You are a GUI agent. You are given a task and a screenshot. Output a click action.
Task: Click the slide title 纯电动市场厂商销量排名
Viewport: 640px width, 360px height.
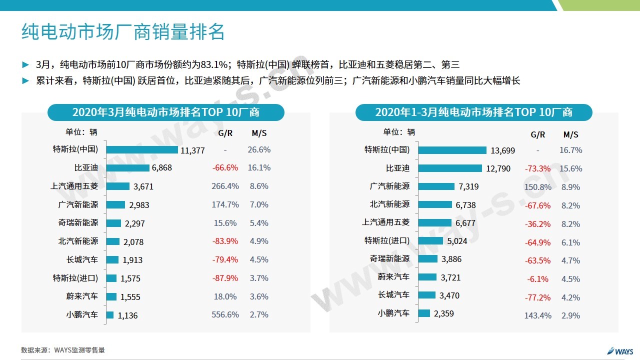[123, 32]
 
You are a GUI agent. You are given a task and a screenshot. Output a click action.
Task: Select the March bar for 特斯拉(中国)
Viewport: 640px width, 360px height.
[142, 149]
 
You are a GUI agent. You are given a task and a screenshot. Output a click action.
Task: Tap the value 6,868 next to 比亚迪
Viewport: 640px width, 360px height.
[161, 168]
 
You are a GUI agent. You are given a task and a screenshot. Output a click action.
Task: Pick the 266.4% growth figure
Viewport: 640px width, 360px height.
[225, 186]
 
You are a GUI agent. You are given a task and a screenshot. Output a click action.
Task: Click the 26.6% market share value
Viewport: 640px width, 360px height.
[259, 149]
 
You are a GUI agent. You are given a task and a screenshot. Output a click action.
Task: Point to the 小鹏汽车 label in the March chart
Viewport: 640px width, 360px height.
[82, 315]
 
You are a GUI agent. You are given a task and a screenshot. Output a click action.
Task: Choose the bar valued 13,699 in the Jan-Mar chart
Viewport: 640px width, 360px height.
[452, 150]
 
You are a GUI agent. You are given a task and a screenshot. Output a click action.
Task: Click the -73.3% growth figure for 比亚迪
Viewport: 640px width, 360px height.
[537, 169]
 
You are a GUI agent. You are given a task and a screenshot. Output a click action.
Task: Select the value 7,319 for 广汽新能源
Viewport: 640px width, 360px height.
[468, 187]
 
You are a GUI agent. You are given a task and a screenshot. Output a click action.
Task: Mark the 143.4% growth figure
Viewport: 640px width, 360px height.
[538, 315]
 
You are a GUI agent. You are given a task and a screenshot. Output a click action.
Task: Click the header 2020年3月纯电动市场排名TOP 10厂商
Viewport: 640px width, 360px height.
[166, 112]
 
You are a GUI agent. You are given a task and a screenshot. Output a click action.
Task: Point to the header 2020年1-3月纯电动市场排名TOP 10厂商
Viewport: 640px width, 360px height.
[474, 112]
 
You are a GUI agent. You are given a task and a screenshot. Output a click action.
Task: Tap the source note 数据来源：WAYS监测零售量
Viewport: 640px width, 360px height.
[63, 350]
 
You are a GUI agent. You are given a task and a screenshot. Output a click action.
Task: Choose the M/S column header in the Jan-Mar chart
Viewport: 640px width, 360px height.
[570, 134]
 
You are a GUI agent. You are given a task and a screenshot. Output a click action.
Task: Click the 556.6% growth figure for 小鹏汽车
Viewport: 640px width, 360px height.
[225, 314]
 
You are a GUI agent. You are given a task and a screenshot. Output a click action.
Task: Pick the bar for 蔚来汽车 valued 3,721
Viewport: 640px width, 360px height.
[427, 277]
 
